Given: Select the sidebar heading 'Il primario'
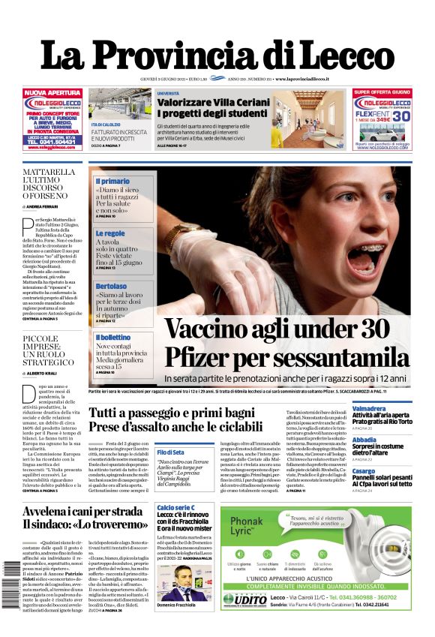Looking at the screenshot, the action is [112, 181].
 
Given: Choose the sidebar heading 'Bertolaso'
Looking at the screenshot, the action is [111, 286].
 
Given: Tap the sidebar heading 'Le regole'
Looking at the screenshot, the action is [110, 233].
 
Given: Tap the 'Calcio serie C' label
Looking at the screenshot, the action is [177, 508].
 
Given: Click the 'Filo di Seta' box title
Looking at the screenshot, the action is [171, 452].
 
